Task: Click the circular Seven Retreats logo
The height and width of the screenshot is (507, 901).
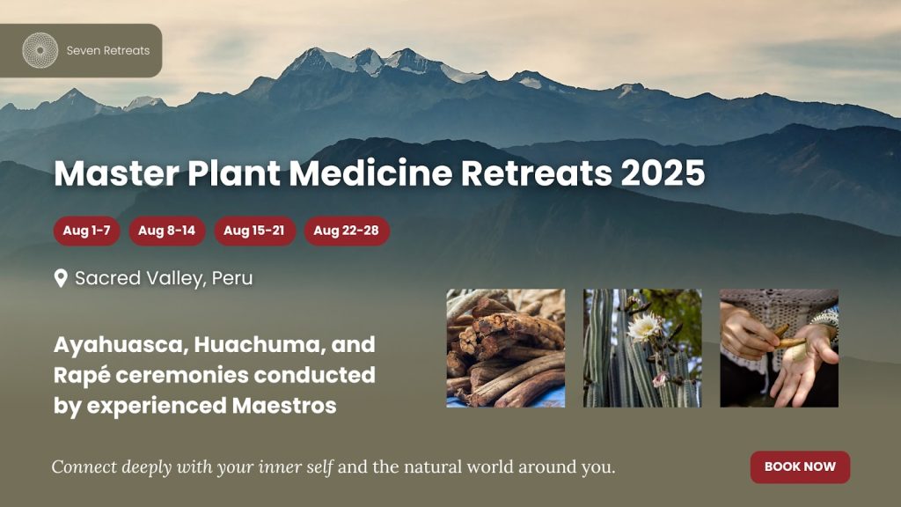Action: (x=40, y=50)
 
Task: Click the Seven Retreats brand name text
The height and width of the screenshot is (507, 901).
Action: (x=108, y=50)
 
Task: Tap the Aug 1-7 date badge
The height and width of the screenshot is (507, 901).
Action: (x=87, y=231)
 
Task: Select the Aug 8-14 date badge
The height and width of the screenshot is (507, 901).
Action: (x=166, y=231)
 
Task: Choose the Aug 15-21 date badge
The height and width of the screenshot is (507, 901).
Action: (x=254, y=231)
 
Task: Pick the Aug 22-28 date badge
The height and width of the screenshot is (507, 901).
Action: (x=347, y=231)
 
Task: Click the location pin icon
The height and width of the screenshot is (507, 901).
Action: (x=61, y=279)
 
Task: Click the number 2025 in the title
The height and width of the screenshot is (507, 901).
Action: (x=663, y=173)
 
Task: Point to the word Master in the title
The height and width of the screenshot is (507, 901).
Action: (x=116, y=173)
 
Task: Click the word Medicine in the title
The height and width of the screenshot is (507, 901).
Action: (x=370, y=173)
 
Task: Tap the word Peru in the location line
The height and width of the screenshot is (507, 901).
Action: (x=232, y=278)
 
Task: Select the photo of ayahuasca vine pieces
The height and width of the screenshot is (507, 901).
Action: (x=506, y=349)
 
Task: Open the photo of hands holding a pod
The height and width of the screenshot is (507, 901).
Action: (x=780, y=349)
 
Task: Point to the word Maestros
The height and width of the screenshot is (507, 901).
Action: (x=284, y=406)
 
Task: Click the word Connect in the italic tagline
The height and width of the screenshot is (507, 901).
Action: (x=84, y=467)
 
